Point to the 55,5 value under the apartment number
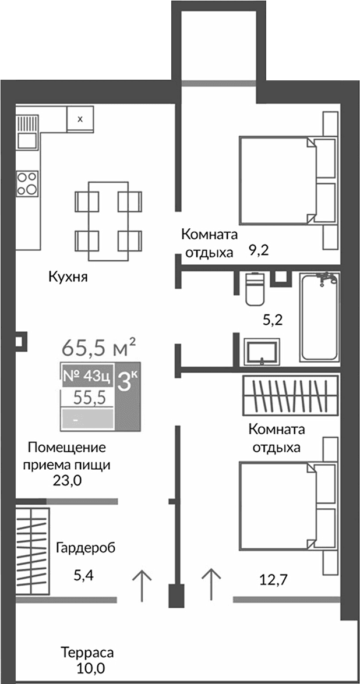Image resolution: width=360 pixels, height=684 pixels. (x=89, y=398)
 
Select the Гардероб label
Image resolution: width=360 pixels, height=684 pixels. (x=86, y=548)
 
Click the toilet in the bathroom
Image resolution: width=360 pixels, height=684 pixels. (x=255, y=289)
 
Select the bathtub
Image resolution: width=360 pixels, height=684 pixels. (x=318, y=317)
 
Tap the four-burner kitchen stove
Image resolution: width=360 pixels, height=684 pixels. (x=27, y=182)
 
